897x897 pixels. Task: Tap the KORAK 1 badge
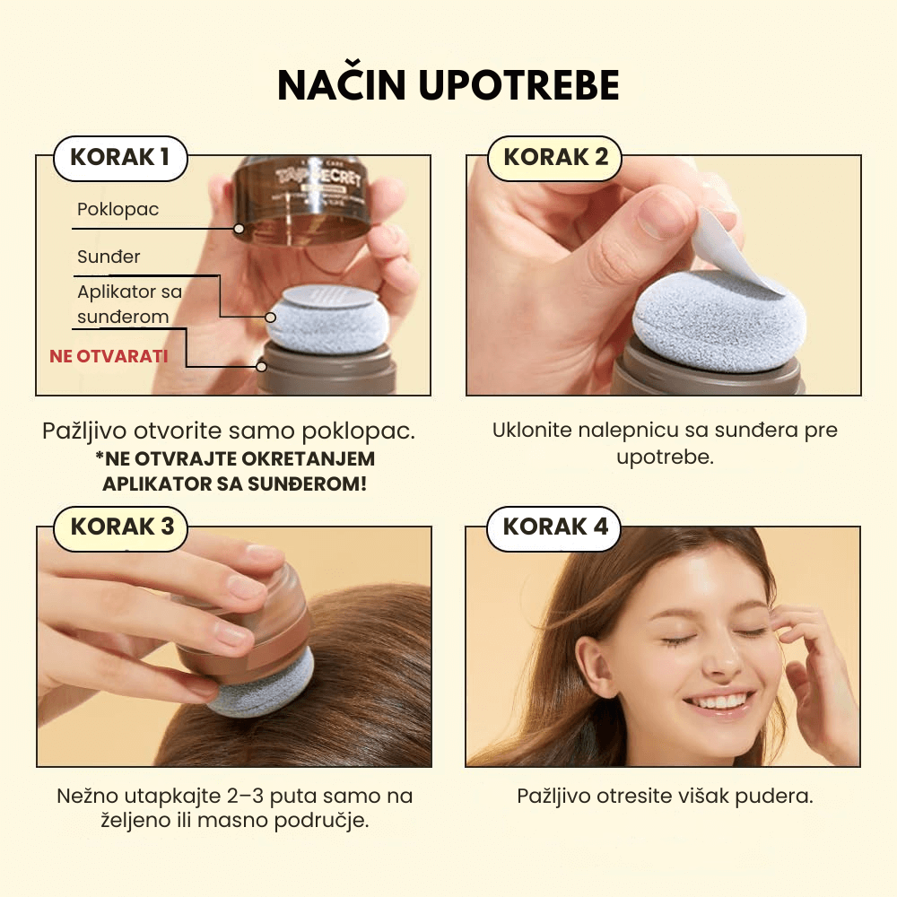[x=120, y=158]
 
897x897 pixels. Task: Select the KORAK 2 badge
[x=554, y=158]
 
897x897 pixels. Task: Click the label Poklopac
[x=118, y=209]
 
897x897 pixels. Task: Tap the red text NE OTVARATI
[x=109, y=356]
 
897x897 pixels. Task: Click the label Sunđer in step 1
[x=109, y=257]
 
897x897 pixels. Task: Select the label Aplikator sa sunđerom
[x=130, y=304]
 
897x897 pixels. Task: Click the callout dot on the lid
[x=239, y=229]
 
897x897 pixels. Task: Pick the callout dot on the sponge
[x=271, y=317]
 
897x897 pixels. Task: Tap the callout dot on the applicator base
[x=261, y=367]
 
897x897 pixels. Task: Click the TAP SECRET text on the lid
[x=318, y=179]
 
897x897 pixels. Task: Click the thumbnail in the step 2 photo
[x=664, y=214]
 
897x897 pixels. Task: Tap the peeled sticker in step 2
[x=728, y=252]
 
